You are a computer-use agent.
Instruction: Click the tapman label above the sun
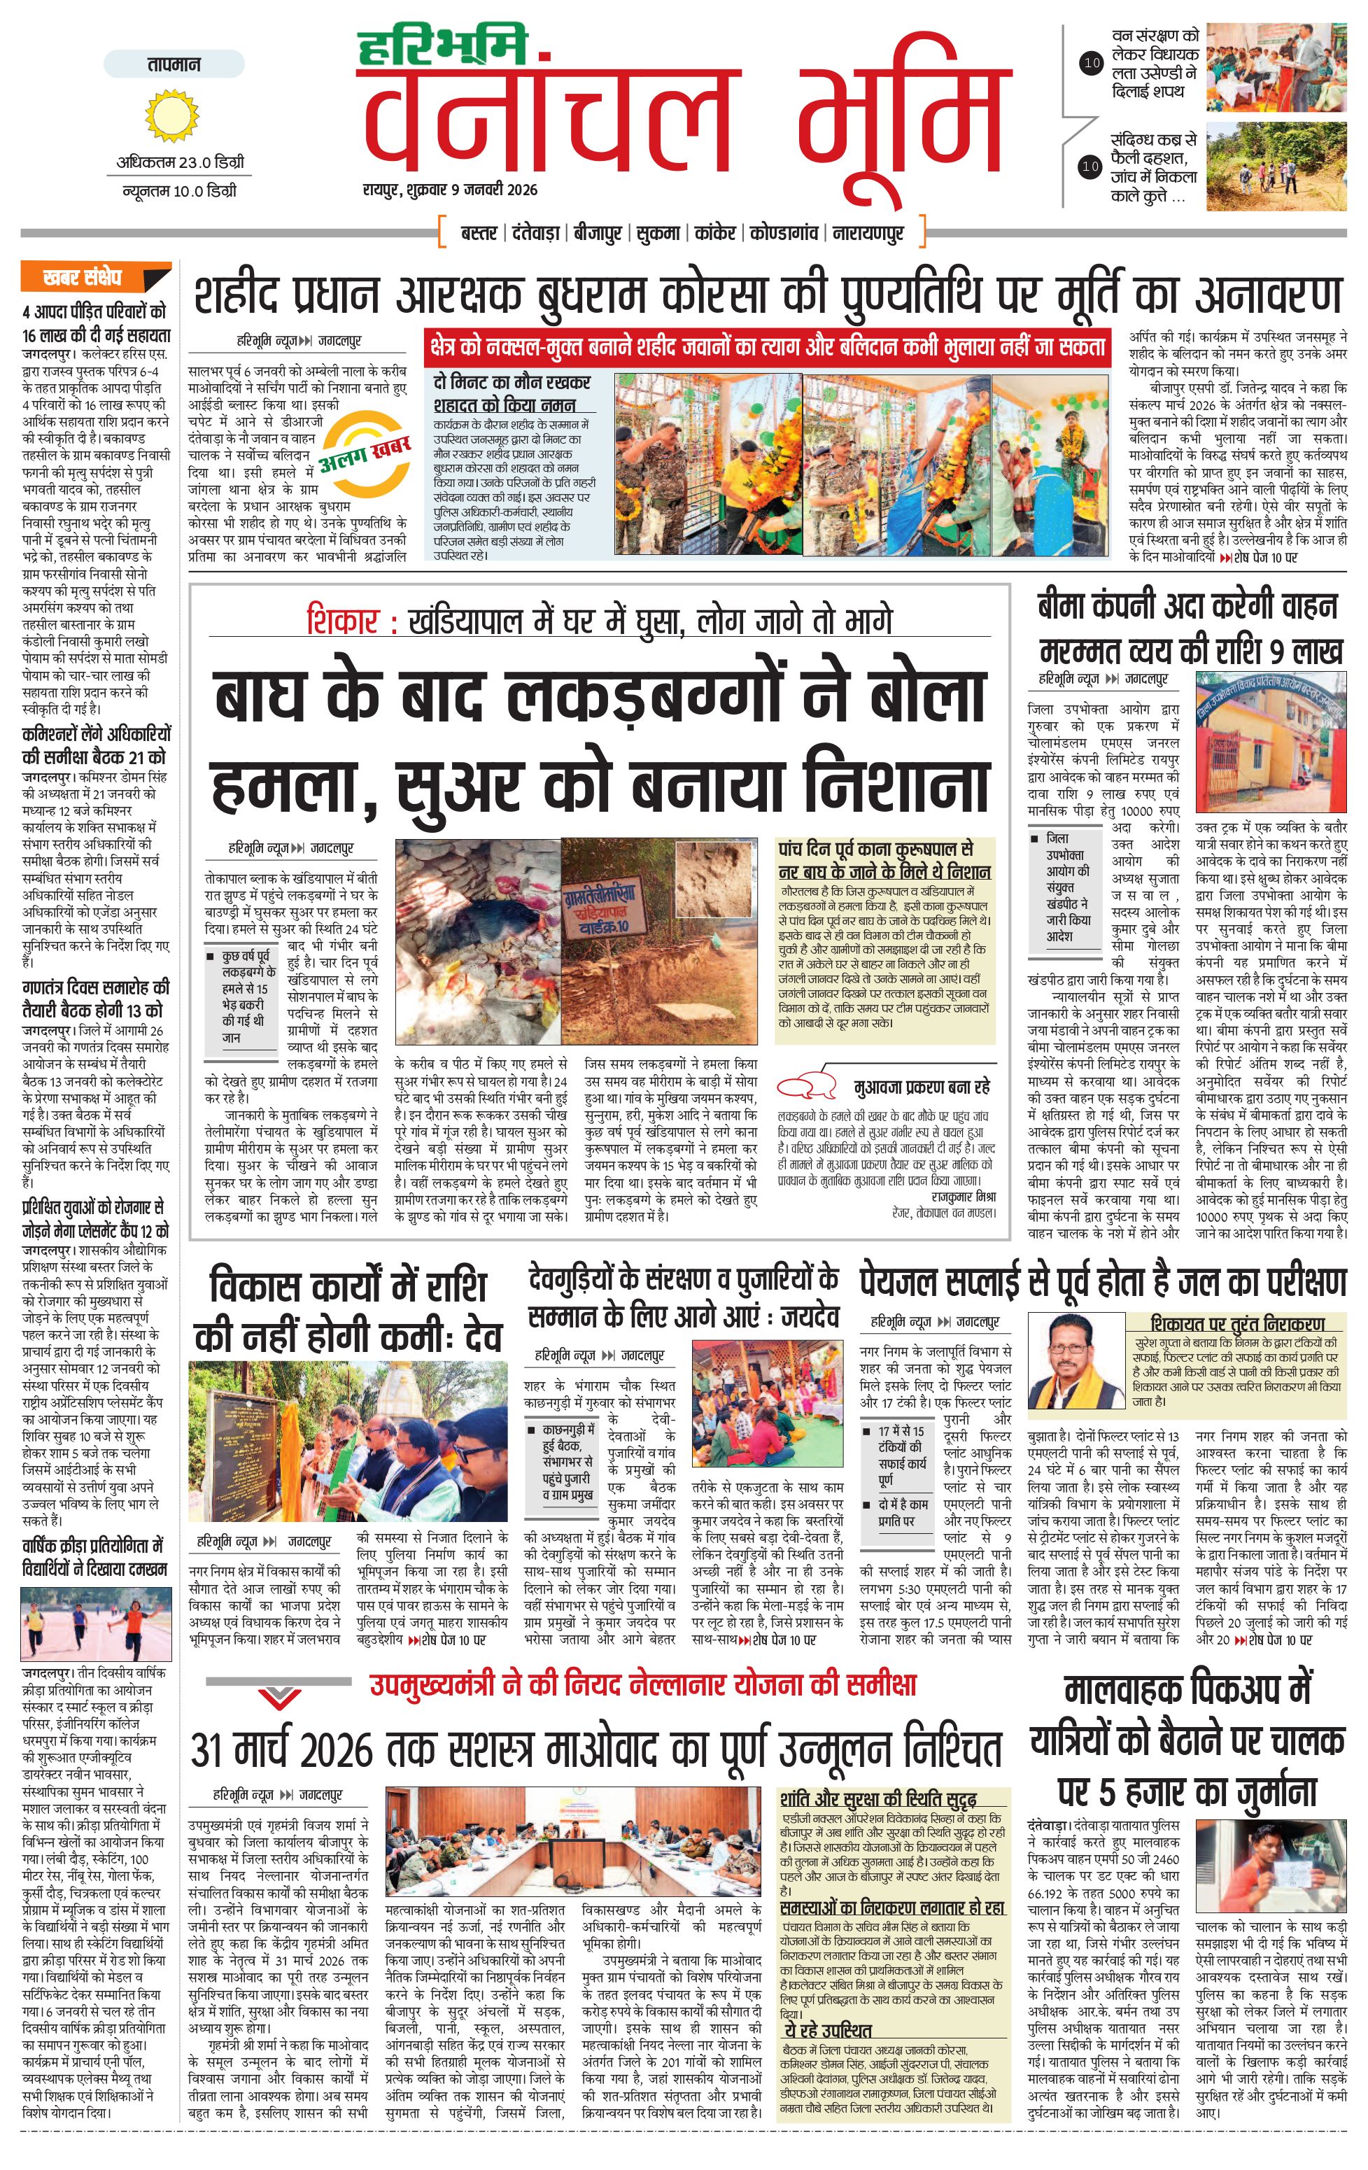point(174,64)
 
